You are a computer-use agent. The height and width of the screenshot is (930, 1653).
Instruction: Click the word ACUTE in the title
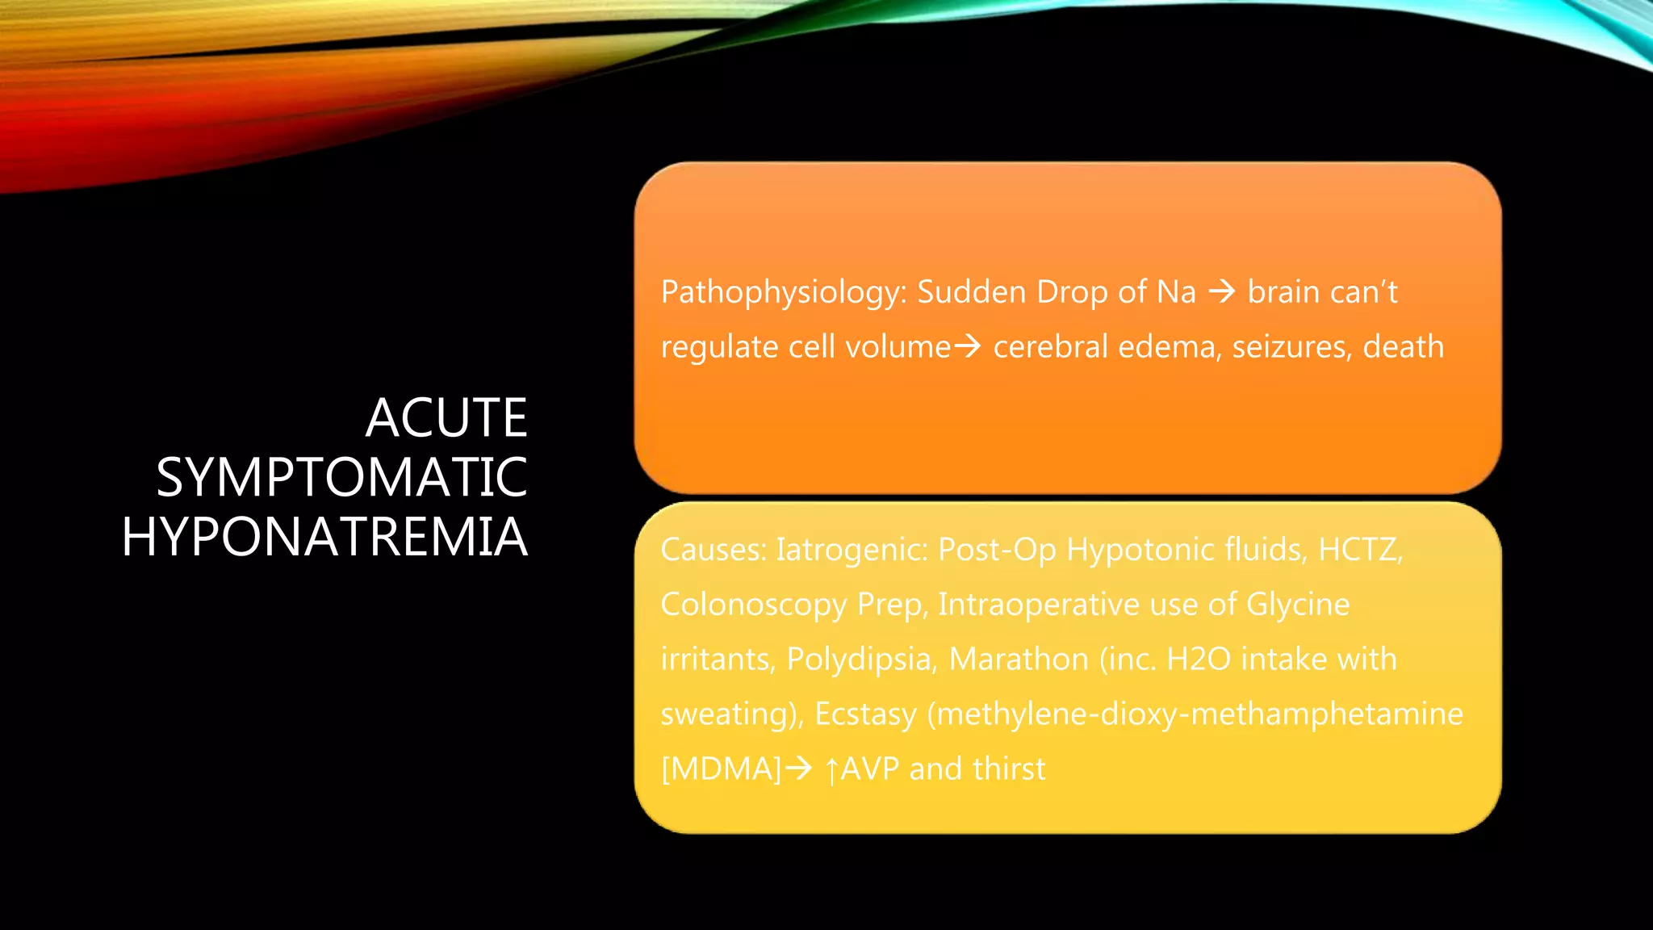446,418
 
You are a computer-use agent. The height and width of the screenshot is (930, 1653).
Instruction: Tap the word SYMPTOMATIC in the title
341,478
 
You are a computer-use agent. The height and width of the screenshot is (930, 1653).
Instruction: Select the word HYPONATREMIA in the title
324,538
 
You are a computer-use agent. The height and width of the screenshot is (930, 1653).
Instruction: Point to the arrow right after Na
1222,291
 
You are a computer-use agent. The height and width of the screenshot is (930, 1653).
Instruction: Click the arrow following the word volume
968,346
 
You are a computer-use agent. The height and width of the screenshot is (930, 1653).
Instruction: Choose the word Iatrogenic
851,550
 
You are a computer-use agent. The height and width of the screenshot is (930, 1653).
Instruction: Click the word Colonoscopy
753,605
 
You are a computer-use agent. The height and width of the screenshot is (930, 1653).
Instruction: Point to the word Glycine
1297,605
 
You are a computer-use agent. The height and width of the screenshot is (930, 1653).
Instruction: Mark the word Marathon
1018,660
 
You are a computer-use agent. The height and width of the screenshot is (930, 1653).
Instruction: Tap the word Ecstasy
865,714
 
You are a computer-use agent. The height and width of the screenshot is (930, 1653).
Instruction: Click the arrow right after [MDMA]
799,769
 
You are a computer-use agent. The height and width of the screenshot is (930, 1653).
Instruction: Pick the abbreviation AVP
869,769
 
